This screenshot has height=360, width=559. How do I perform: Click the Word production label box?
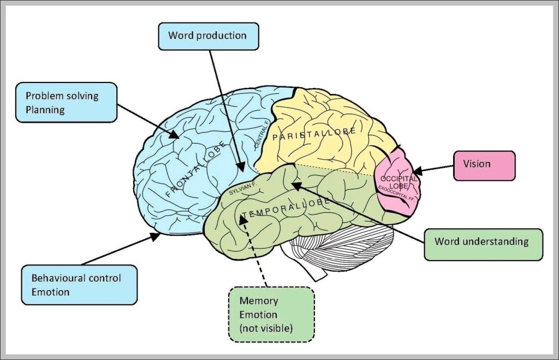click(207, 36)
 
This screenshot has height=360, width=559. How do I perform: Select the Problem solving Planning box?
click(66, 103)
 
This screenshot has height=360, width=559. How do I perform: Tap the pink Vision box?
click(484, 164)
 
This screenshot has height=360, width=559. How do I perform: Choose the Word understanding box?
click(483, 241)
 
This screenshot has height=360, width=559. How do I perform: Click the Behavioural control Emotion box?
click(79, 285)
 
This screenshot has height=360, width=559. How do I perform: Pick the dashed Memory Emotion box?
click(271, 314)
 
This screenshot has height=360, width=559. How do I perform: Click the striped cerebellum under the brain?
click(338, 249)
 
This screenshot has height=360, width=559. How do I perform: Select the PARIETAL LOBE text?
click(314, 134)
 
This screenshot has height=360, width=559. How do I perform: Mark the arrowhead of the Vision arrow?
click(419, 172)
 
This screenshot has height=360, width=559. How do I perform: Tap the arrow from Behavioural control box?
click(115, 250)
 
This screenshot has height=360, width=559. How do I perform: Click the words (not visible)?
click(266, 328)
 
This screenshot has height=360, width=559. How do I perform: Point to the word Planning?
click(45, 110)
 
